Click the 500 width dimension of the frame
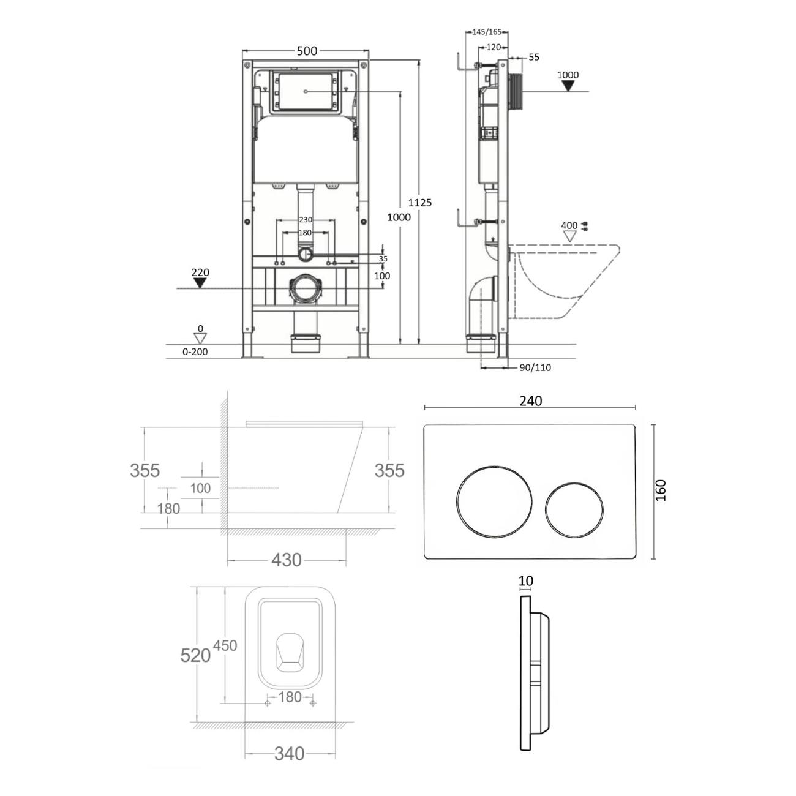pos(307,51)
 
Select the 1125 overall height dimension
pos(419,203)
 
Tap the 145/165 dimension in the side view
pos(487,32)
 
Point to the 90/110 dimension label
pos(535,367)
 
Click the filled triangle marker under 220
pos(200,283)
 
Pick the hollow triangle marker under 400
pos(570,236)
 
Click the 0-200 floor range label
pos(195,352)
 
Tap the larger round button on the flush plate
pos(494,501)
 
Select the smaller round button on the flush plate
pos(574,510)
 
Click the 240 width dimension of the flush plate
pos(530,400)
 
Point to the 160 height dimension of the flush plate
pos(661,490)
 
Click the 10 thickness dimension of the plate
pos(525,581)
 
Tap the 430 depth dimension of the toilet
pos(287,560)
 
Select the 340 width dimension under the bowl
pos(290,754)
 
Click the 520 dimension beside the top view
pos(195,655)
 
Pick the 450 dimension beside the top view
pos(225,645)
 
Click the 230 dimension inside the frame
pos(306,220)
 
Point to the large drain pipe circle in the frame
pos(306,289)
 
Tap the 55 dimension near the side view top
pos(534,57)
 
